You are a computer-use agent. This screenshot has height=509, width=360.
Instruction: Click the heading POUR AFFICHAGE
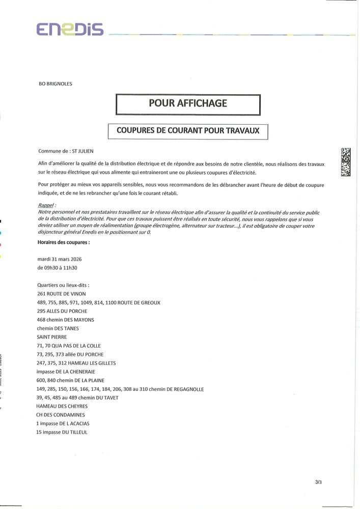pyautogui.click(x=188, y=103)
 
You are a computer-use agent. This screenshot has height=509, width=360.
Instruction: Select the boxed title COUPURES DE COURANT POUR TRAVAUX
pyautogui.click(x=188, y=131)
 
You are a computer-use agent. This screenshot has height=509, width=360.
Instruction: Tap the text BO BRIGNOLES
pyautogui.click(x=55, y=84)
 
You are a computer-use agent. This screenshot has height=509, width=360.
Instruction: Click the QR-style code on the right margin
pyautogui.click(x=346, y=162)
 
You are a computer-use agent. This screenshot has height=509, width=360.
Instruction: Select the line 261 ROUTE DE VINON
pyautogui.click(x=62, y=294)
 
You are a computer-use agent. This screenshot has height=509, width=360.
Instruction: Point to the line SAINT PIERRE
pyautogui.click(x=52, y=337)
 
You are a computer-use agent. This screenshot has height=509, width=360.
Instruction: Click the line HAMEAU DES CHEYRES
pyautogui.click(x=62, y=406)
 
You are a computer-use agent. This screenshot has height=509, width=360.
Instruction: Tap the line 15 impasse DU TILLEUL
pyautogui.click(x=62, y=432)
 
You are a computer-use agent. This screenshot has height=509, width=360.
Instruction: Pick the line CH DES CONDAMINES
pyautogui.click(x=61, y=415)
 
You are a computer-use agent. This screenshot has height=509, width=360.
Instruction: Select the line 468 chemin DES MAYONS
pyautogui.click(x=66, y=320)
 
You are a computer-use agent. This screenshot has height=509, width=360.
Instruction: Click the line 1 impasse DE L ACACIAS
pyautogui.click(x=66, y=423)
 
